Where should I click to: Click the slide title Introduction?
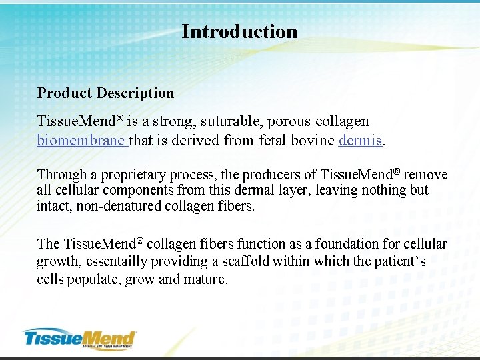tap(239, 31)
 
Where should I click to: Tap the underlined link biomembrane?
tap(81, 141)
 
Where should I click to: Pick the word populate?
tap(94, 279)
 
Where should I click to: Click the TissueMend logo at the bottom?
tap(79, 338)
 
